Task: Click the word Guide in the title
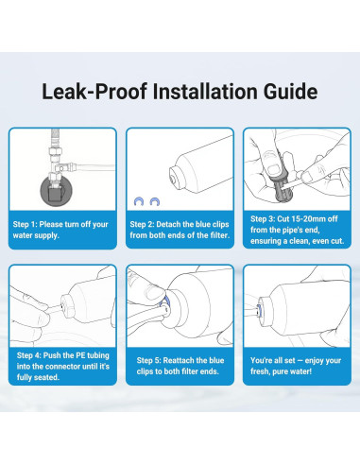pos(290,92)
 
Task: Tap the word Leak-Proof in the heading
pos(94,92)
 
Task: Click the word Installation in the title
pos(205,92)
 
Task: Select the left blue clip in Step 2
pos(139,201)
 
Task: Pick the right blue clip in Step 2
pos(155,201)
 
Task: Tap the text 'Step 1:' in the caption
pos(25,224)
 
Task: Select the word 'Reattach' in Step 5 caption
pos(178,360)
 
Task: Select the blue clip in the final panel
pos(259,310)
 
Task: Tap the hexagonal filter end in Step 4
pos(67,306)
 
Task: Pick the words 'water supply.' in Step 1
pos(36,235)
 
